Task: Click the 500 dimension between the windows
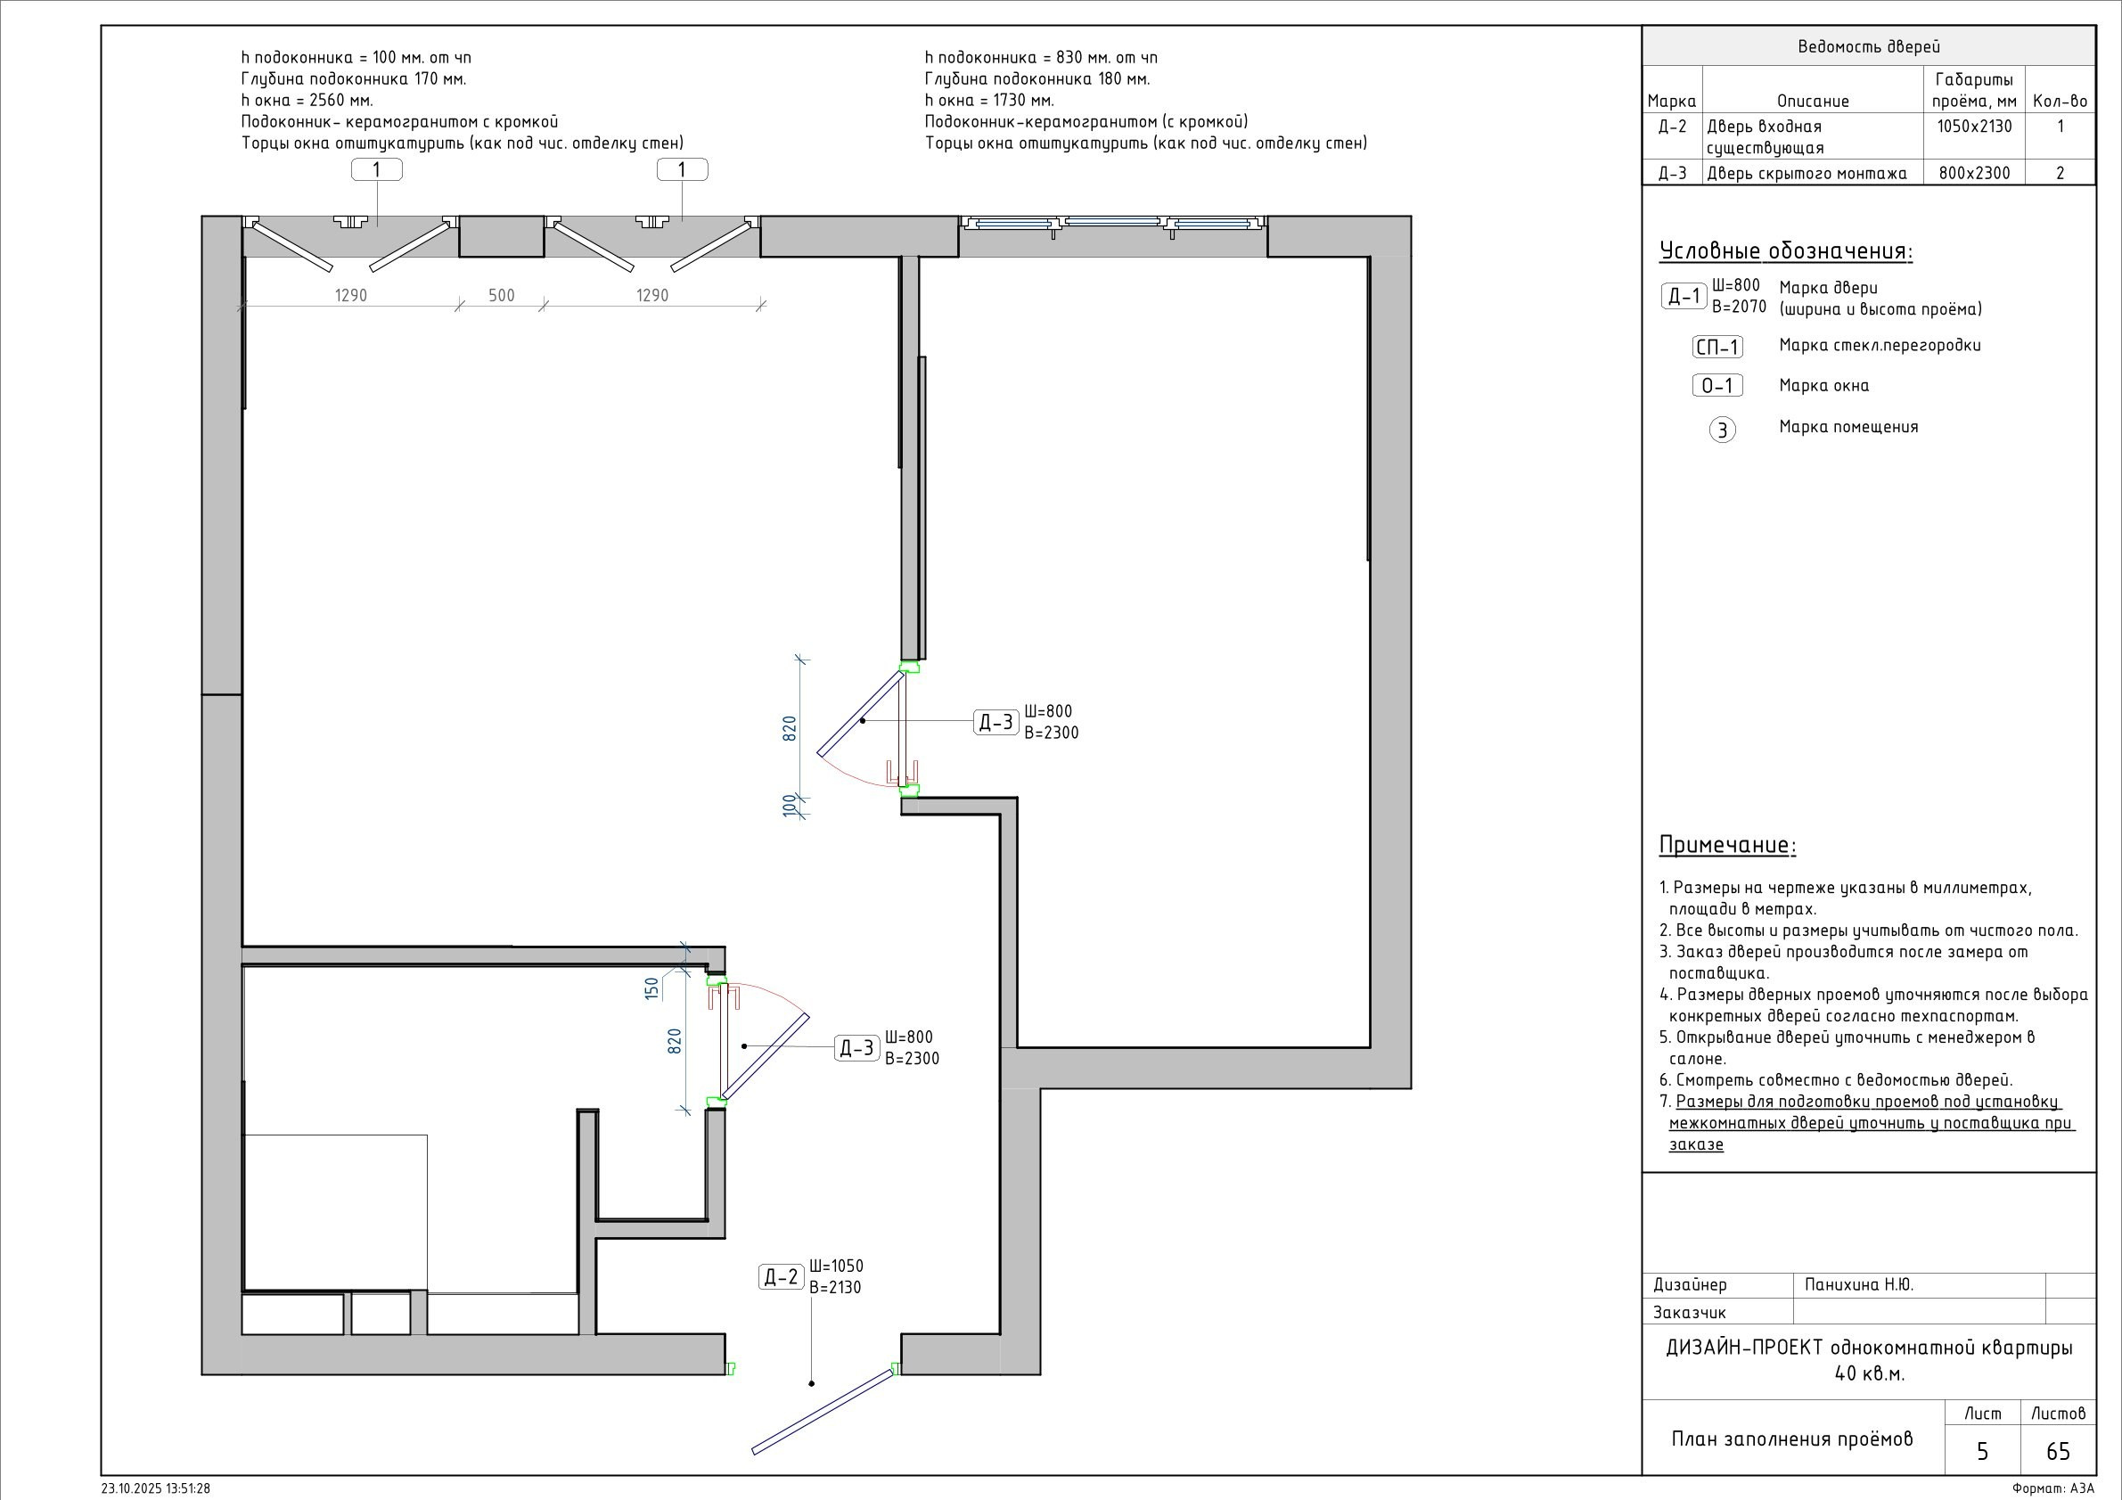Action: tap(501, 296)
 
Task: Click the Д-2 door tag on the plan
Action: tap(781, 1277)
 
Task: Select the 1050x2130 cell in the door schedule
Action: tap(1974, 127)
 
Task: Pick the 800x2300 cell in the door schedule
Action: tap(1974, 173)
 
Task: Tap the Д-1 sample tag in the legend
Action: tap(1684, 297)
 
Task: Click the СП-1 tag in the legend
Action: tap(1718, 348)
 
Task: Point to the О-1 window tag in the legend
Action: tap(1718, 385)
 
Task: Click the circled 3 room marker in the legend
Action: tap(1723, 430)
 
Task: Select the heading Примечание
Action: tap(1727, 846)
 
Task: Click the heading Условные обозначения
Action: tap(1786, 251)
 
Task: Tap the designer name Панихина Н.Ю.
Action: tap(1857, 1284)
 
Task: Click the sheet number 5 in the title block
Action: tap(1982, 1452)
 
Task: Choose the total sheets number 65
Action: tap(2058, 1452)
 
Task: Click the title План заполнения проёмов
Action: tap(1792, 1439)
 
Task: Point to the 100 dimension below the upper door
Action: tap(789, 806)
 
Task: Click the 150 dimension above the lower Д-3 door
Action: tap(652, 989)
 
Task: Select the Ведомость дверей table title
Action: tap(1868, 47)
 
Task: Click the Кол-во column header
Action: tap(2061, 102)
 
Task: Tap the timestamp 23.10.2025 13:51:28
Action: tap(155, 1489)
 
